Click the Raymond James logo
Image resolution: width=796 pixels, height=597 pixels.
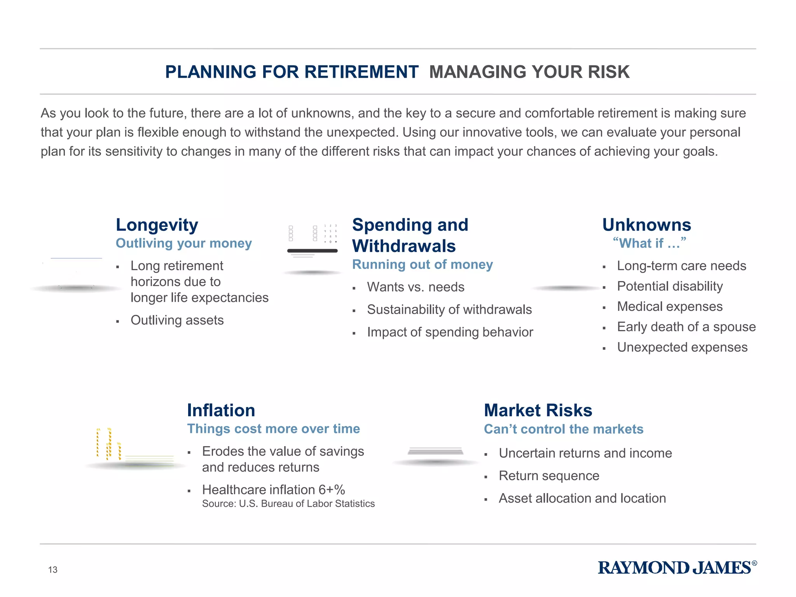coord(677,568)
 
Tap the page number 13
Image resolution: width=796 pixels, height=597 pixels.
coord(53,570)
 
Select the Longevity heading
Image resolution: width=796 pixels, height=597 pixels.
coord(157,225)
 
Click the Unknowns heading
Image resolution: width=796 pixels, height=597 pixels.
coord(647,225)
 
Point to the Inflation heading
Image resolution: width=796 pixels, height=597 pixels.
coord(221,410)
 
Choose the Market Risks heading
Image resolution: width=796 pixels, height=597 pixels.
coord(538,410)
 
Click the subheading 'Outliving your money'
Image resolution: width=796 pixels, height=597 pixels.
coord(184,243)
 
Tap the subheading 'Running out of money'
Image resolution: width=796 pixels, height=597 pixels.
coord(422,265)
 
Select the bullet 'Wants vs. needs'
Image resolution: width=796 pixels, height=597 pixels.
coord(415,287)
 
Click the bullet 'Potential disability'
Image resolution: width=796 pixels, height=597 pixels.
coord(670,286)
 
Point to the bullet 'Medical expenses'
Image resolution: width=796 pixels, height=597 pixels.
coord(670,307)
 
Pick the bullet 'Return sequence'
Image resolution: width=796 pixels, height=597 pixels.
coord(549,476)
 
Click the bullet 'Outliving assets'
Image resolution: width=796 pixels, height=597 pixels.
coord(177,320)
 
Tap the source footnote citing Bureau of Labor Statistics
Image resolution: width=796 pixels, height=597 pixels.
coord(288,504)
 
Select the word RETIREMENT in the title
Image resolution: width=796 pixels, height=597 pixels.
coord(361,72)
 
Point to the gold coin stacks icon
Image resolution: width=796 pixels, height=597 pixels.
coord(109,444)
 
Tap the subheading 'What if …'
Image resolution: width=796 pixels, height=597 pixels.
coord(649,243)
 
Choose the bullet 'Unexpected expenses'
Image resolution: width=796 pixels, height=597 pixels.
coord(682,347)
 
